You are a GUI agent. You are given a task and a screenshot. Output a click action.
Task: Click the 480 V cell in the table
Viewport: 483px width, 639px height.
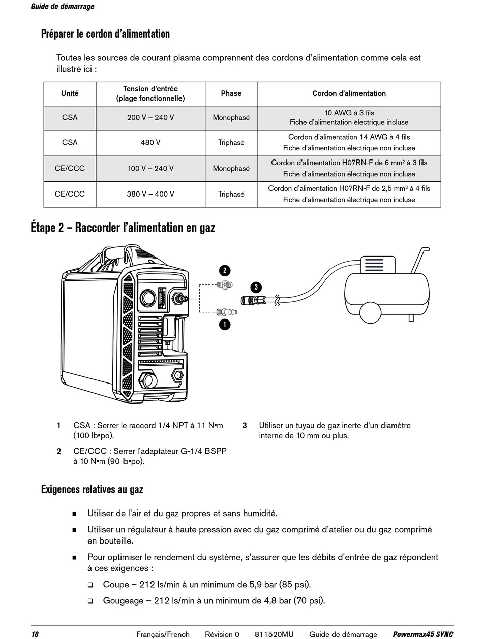(x=150, y=142)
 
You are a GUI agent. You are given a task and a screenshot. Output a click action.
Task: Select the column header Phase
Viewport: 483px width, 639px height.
(x=231, y=93)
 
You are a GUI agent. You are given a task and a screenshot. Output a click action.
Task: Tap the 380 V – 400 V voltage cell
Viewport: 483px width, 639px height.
(x=150, y=194)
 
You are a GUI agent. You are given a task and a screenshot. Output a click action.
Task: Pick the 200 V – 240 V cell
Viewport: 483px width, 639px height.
(x=150, y=118)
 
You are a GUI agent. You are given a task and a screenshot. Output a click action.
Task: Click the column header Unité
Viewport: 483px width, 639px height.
(x=70, y=93)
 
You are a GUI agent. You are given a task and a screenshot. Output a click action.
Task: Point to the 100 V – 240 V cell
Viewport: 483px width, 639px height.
(x=150, y=168)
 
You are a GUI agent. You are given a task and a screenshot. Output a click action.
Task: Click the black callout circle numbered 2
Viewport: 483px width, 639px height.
(x=225, y=270)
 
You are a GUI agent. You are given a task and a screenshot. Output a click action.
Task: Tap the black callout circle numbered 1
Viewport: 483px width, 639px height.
(x=225, y=324)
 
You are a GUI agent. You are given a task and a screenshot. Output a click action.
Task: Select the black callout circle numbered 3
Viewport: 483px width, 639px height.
(x=256, y=287)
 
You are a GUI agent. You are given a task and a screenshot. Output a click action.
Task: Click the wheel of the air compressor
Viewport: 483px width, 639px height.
(x=370, y=313)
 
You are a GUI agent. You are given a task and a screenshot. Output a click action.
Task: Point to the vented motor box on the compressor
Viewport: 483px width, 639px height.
(x=378, y=265)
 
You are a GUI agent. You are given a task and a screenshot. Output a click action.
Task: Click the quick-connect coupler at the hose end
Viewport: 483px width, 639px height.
(x=253, y=300)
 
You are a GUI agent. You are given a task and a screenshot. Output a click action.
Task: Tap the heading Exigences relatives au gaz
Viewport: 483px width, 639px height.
(x=92, y=489)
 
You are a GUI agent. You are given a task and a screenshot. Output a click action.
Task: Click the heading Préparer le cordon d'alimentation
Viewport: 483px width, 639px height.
(x=105, y=34)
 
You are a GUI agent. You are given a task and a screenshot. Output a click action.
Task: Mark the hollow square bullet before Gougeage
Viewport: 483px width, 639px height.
(x=90, y=601)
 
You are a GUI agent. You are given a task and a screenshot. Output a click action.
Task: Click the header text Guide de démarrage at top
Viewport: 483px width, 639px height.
(x=63, y=7)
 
